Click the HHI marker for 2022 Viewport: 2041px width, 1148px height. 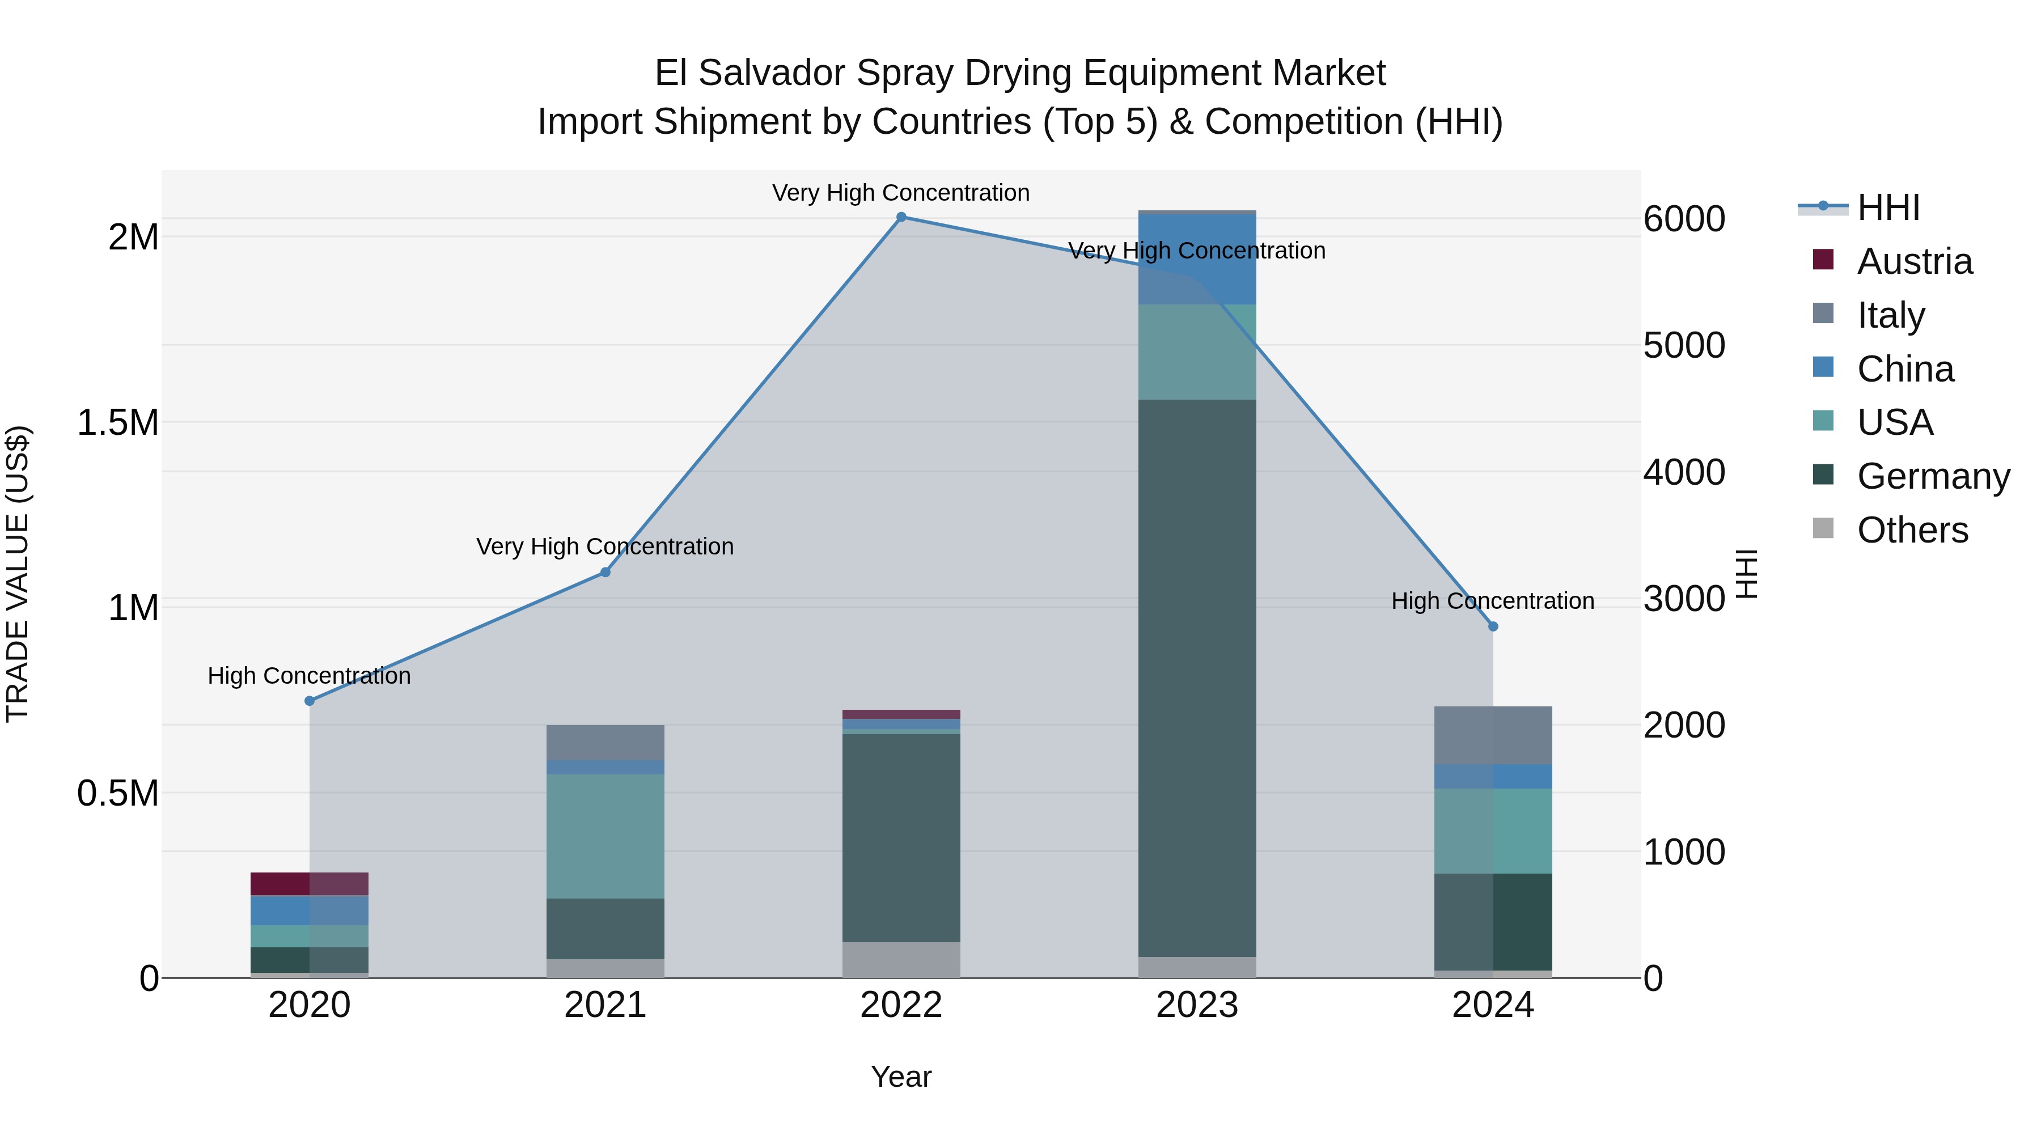coord(901,217)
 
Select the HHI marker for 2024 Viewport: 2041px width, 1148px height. coord(1493,626)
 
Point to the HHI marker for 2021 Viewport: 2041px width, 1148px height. coord(605,572)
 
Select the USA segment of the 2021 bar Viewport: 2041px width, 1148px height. coord(605,836)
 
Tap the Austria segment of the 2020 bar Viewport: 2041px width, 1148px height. coord(310,883)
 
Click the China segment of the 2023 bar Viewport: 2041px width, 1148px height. coord(1197,260)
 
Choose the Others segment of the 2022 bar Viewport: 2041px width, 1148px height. coord(901,959)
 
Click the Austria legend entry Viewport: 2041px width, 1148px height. coord(1914,261)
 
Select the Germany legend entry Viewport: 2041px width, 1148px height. coord(1933,476)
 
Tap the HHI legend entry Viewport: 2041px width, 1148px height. coord(1888,207)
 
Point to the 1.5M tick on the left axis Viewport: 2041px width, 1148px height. coord(118,423)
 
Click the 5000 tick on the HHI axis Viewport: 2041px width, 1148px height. coord(1684,345)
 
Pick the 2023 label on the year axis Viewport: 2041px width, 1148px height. coord(1197,1005)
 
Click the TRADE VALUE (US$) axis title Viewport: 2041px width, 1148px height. coord(18,574)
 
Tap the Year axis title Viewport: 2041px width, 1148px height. coord(901,1077)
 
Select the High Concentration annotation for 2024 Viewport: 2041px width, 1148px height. coord(1493,601)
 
